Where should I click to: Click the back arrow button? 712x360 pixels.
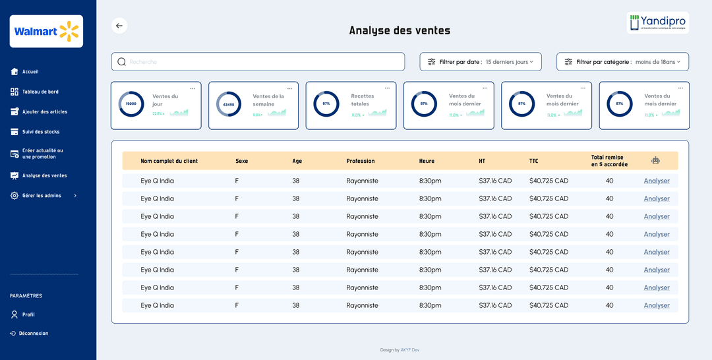click(x=119, y=26)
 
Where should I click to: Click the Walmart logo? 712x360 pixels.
click(x=46, y=31)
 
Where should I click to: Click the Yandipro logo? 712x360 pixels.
click(x=657, y=22)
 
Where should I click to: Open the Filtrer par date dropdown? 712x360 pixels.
click(x=481, y=62)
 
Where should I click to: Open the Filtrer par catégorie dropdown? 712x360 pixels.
click(x=622, y=62)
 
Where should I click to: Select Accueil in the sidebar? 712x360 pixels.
click(x=30, y=72)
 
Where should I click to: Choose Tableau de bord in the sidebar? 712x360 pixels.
click(x=40, y=92)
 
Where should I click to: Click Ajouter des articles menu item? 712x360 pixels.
click(x=44, y=112)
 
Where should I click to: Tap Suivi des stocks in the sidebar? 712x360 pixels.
click(x=41, y=132)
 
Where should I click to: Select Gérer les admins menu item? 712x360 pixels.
click(x=42, y=196)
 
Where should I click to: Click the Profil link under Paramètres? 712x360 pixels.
click(x=28, y=315)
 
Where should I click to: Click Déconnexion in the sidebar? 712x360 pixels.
click(x=33, y=334)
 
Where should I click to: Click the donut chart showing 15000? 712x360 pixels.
click(x=131, y=104)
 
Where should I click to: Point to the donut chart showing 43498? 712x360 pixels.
click(x=229, y=104)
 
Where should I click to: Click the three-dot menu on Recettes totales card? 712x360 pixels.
click(x=388, y=88)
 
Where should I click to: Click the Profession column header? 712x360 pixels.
click(x=361, y=161)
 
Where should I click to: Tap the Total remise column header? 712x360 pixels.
click(x=609, y=161)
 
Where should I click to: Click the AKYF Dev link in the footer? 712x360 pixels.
click(x=409, y=350)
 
